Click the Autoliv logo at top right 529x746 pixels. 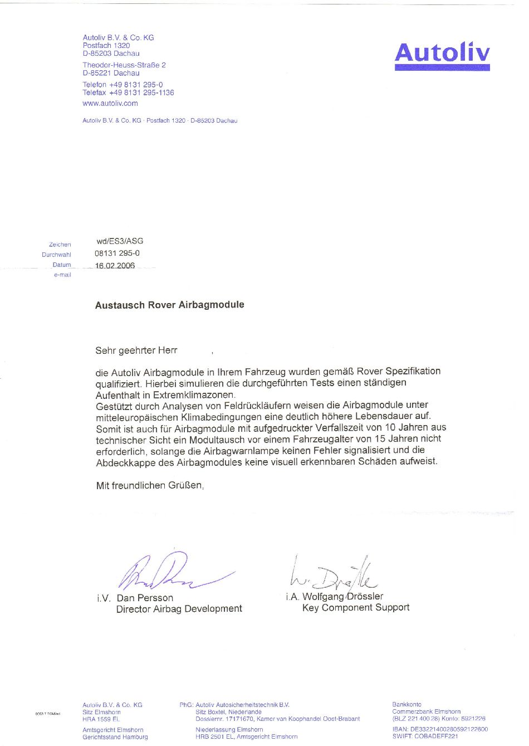tap(442, 56)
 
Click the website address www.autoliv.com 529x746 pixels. tap(110, 103)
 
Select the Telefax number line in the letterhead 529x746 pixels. tap(128, 92)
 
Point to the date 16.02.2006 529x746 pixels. tap(115, 266)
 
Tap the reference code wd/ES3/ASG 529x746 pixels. tap(120, 241)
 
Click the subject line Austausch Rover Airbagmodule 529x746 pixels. tap(169, 305)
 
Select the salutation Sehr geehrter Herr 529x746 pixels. tap(136, 350)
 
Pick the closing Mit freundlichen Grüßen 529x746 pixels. tap(150, 485)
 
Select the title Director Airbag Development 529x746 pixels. tap(179, 609)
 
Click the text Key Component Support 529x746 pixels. tap(356, 607)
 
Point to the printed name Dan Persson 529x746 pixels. tap(145, 598)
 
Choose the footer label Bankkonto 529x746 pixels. tap(406, 704)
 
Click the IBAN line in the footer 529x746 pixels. tap(440, 729)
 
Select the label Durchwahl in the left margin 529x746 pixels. tap(56, 255)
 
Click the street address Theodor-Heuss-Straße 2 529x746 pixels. tap(124, 65)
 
